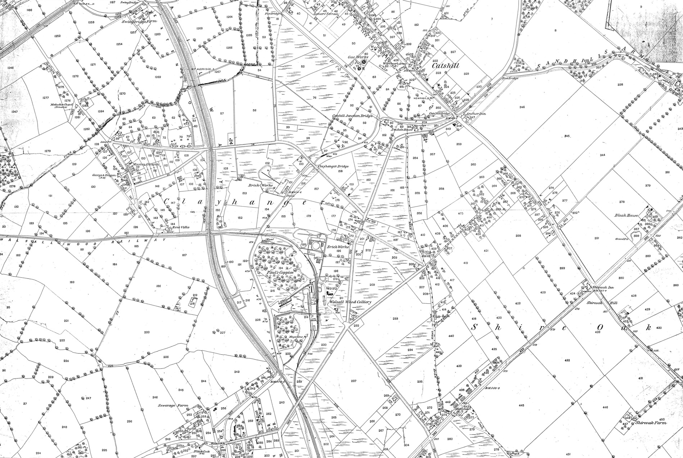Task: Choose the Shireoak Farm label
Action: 650,423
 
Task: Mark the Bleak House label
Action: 626,216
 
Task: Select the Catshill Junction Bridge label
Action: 354,116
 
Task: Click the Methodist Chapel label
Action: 61,105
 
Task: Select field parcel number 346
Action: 522,107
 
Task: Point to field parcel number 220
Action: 146,332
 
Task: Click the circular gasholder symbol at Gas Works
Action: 363,62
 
